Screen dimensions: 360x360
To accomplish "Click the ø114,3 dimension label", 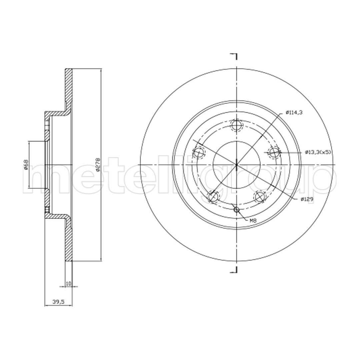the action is (294, 112).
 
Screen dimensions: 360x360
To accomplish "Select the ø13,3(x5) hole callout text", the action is (318, 152).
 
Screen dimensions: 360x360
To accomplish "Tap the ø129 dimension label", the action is (307, 199).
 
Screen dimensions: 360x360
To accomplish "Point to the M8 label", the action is (253, 221).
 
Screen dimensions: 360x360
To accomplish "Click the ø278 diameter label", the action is (98, 164).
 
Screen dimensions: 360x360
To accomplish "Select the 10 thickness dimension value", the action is (68, 284).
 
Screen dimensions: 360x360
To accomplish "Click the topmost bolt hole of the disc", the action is (236, 125).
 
